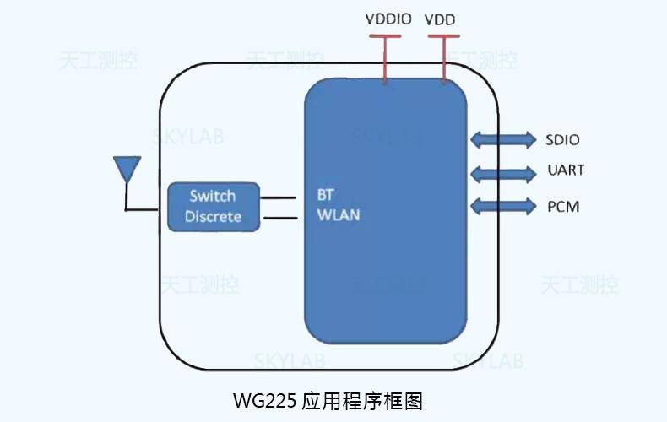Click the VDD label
(442, 19)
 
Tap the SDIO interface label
(562, 140)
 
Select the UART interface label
(565, 170)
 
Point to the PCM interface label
(562, 206)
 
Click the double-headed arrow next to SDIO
(502, 139)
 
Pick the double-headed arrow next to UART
(502, 174)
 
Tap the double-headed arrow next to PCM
(502, 205)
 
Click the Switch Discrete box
(213, 206)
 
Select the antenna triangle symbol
(126, 169)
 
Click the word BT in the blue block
(325, 193)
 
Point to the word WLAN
(338, 214)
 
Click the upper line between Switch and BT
(279, 198)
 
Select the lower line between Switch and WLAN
(279, 219)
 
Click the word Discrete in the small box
(213, 217)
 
